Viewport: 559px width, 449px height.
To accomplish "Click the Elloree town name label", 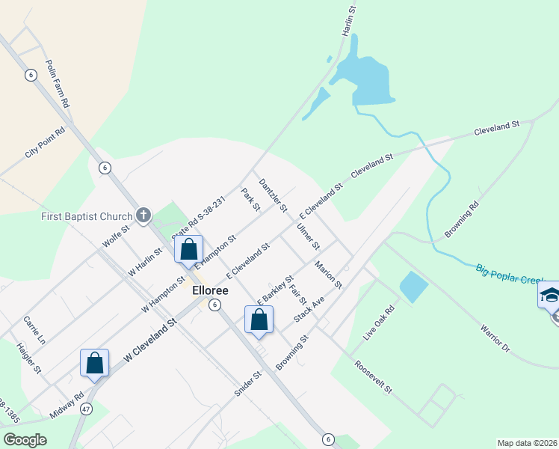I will (x=210, y=290).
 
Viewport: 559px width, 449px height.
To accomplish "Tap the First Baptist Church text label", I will (x=86, y=217).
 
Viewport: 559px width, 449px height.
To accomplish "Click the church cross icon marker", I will (x=143, y=216).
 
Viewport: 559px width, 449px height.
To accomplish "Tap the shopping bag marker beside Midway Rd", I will (x=95, y=364).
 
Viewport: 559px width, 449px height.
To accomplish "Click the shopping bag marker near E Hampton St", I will (x=189, y=249).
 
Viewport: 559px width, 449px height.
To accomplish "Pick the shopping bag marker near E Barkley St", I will (x=259, y=320).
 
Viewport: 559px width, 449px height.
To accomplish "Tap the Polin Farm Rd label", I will (x=58, y=85).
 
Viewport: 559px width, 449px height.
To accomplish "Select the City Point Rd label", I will (x=45, y=142).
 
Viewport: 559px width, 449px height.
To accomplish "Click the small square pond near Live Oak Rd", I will (x=414, y=287).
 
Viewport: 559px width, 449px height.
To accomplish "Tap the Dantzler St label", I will (x=273, y=195).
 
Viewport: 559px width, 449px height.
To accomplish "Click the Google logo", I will (x=25, y=439).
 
